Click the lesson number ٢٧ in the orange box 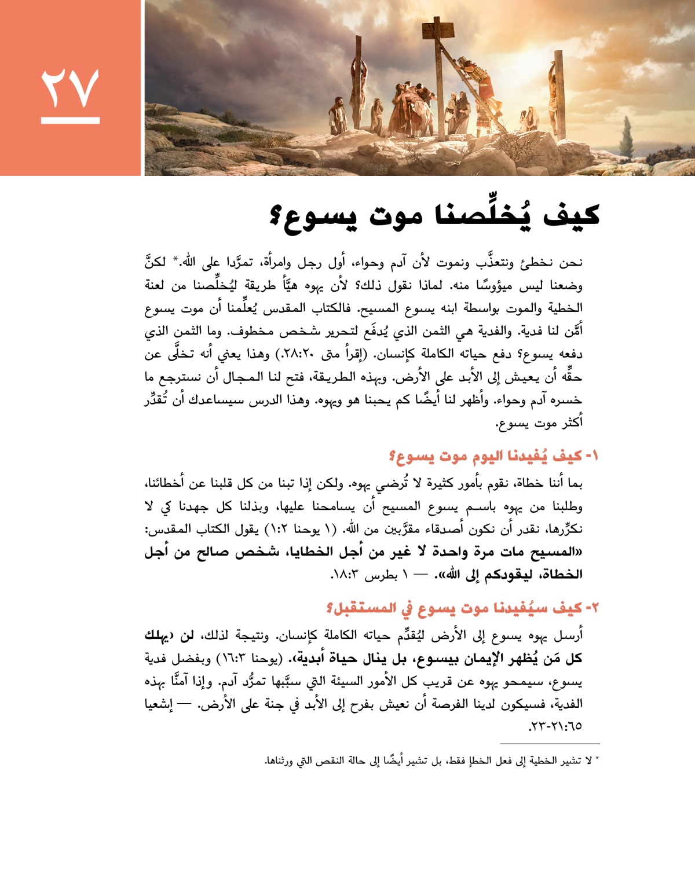[70, 89]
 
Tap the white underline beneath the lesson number [70, 120]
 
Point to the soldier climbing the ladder [484, 81]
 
